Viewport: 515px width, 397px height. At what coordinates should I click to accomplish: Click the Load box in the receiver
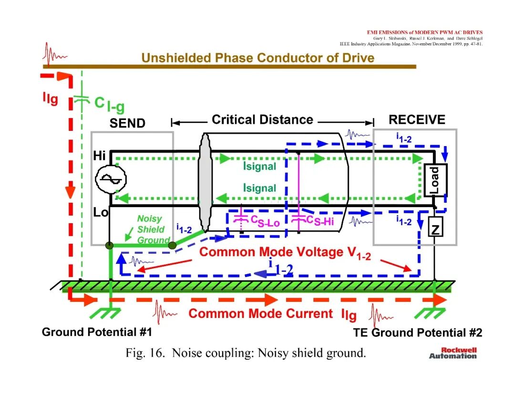click(x=435, y=180)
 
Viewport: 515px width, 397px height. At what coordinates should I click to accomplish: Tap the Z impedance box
click(x=435, y=227)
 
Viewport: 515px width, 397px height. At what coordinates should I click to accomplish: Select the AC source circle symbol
click(x=111, y=179)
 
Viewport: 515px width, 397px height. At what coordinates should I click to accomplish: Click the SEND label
click(x=127, y=123)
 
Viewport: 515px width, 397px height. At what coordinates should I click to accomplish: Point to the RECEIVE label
click(x=417, y=119)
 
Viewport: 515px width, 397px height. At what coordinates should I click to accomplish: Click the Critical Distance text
click(x=262, y=119)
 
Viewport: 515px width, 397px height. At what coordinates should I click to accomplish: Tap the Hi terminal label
click(x=99, y=155)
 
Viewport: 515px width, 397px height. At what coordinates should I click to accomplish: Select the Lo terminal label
click(x=101, y=212)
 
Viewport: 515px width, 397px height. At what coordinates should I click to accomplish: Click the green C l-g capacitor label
click(x=109, y=104)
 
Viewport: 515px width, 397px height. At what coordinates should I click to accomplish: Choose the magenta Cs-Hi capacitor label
click(x=320, y=220)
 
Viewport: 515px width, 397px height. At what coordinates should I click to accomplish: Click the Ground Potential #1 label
click(x=97, y=332)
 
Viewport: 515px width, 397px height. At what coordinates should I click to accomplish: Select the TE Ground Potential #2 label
click(x=417, y=333)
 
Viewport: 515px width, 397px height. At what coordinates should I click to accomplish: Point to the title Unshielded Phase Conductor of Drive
click(x=258, y=58)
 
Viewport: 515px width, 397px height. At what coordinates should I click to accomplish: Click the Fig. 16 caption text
click(x=246, y=353)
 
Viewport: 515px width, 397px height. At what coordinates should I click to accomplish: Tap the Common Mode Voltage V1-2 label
click(x=285, y=253)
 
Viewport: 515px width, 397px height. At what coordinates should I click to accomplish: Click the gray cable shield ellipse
click(x=205, y=182)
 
